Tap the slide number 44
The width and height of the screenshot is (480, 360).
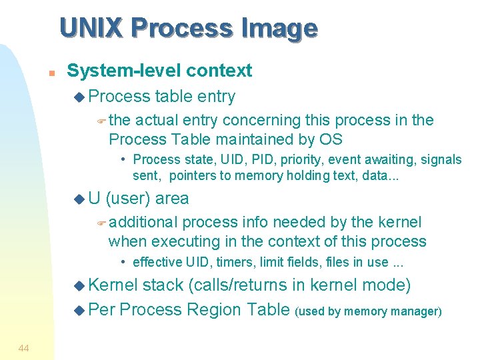24,348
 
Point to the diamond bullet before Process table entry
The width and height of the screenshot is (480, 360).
80,97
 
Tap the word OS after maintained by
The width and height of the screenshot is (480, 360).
329,139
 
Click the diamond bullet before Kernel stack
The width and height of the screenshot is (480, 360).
80,286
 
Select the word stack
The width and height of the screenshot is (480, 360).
163,285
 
